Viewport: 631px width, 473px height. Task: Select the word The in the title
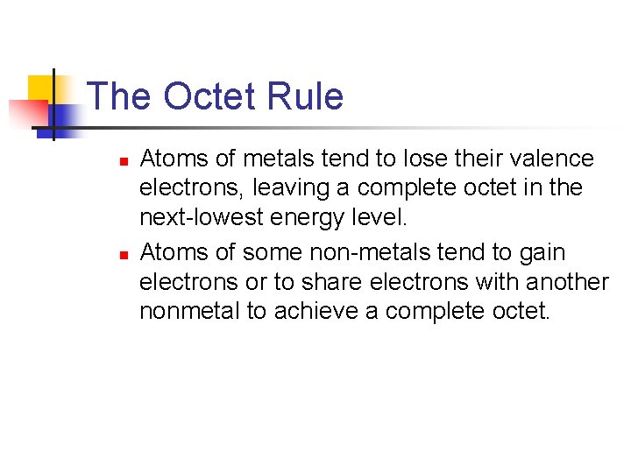121,96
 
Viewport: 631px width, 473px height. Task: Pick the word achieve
309,312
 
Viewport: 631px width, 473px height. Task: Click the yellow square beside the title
40,88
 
